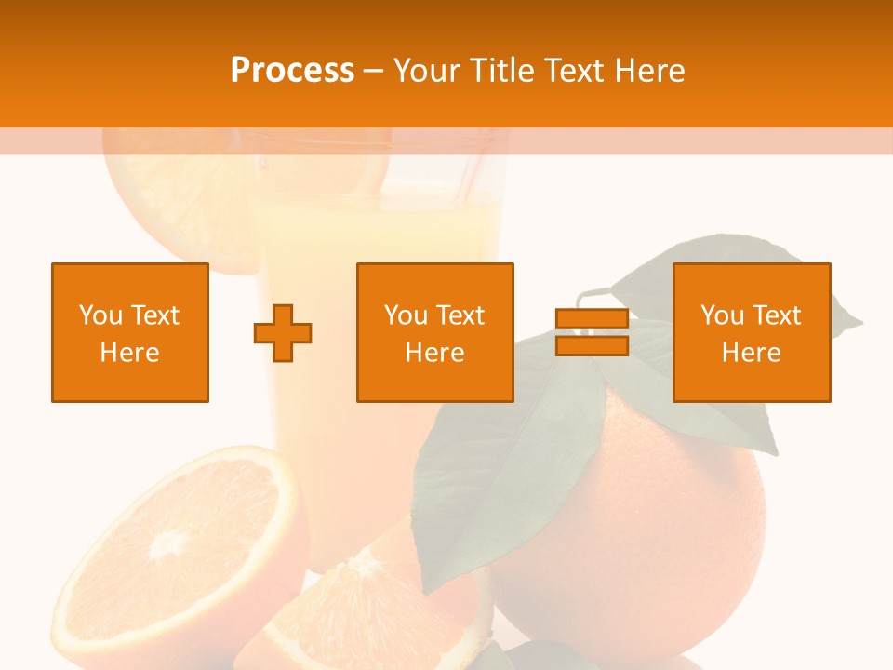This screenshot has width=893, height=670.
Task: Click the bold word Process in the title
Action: point(292,71)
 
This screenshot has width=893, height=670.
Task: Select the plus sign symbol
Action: point(283,333)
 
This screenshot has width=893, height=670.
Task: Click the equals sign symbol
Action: point(592,332)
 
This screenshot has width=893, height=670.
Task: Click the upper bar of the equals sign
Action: point(592,319)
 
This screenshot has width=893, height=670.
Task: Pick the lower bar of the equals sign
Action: point(592,346)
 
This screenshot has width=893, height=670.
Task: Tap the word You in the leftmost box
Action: point(100,315)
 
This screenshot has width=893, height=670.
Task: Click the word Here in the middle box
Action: point(434,353)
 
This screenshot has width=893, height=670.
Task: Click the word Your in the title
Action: point(428,71)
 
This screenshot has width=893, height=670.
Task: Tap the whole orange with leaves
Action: point(651,521)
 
